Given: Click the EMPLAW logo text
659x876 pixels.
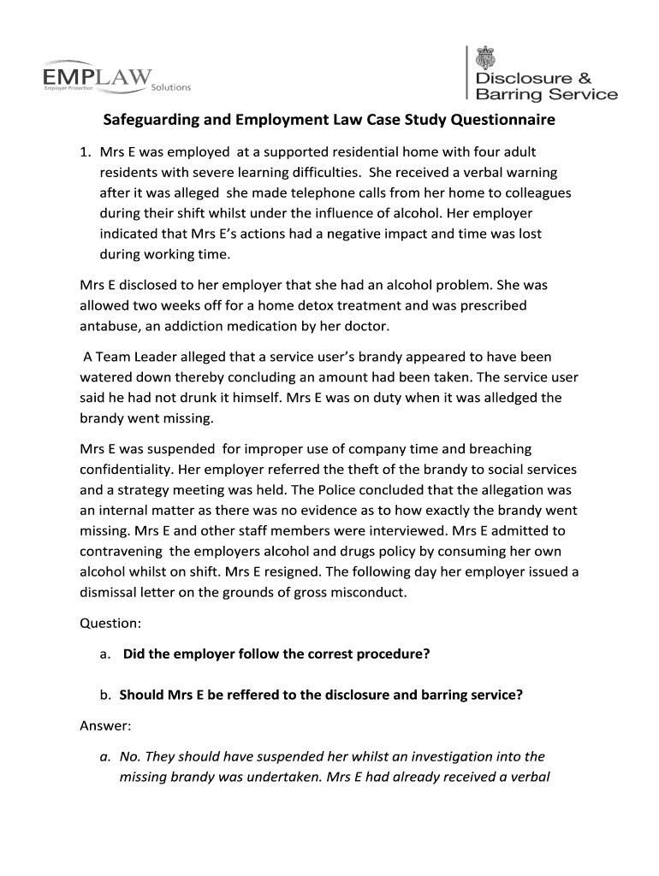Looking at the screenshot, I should pos(97,78).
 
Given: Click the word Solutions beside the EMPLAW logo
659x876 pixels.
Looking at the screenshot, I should pos(170,87).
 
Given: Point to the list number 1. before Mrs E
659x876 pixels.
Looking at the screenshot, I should pos(85,152).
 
